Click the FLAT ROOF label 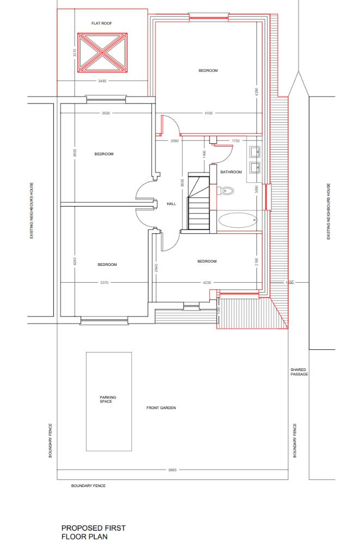102,23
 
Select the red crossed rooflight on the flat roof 102,53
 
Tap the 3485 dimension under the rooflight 102,81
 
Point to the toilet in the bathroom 228,191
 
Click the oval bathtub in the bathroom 237,221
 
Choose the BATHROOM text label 231,172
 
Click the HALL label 172,203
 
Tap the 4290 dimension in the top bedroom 256,92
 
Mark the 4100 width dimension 209,113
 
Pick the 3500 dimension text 106,113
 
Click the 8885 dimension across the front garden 173,469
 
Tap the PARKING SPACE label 108,399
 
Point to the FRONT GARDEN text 161,408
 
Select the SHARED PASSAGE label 299,372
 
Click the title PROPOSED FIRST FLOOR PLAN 93,532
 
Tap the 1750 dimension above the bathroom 235,141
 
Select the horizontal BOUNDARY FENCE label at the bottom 88,485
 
